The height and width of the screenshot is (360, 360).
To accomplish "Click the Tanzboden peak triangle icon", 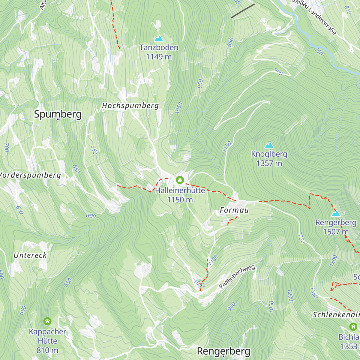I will tap(159, 39).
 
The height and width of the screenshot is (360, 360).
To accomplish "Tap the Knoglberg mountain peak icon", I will tap(269, 145).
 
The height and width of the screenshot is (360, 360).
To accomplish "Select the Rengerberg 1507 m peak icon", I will tap(336, 214).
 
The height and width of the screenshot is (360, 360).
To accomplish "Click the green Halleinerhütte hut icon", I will tap(180, 180).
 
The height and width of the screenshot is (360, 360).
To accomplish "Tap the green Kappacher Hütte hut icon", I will tap(47, 321).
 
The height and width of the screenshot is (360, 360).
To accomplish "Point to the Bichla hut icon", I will tap(353, 327).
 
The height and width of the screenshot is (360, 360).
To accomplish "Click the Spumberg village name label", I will tap(58, 114).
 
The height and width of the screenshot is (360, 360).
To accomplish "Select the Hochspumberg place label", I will tap(130, 106).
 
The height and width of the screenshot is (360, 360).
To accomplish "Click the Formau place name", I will tap(234, 210).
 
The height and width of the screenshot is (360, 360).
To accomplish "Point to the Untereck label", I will tap(30, 255).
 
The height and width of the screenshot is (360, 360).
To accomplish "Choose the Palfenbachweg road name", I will tap(237, 277).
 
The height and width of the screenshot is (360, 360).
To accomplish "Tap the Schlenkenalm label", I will tap(336, 315).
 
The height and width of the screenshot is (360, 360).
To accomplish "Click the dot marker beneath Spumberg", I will tap(58, 119).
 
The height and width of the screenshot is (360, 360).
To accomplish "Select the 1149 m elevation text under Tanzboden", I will tap(159, 57).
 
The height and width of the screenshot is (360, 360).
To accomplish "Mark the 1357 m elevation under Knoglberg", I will tap(269, 163).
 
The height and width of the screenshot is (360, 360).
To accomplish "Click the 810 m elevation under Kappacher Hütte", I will tap(47, 350).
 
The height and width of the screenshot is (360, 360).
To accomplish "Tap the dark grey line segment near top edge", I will tap(242, 11).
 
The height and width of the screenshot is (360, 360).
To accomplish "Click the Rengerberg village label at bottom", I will tap(223, 351).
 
